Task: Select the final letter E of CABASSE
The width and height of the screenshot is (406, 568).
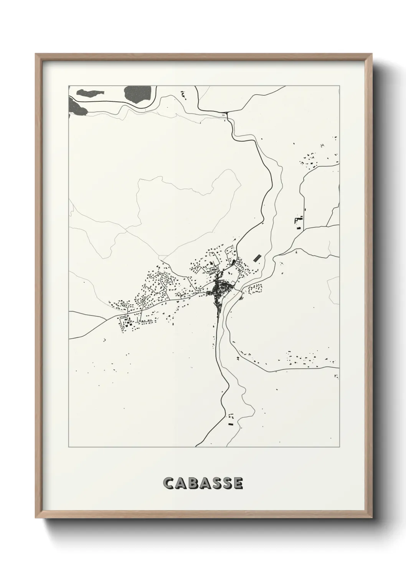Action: pyautogui.click(x=238, y=484)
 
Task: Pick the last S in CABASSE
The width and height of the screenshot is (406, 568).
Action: pyautogui.click(x=226, y=484)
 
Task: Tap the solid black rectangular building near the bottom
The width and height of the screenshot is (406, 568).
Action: pyautogui.click(x=230, y=424)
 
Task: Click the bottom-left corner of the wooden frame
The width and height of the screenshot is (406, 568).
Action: pyautogui.click(x=36, y=518)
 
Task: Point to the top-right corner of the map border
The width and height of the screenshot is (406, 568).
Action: pyautogui.click(x=340, y=86)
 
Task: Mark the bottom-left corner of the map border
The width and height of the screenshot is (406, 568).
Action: pyautogui.click(x=68, y=447)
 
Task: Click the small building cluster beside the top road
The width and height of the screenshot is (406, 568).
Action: pyautogui.click(x=183, y=93)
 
